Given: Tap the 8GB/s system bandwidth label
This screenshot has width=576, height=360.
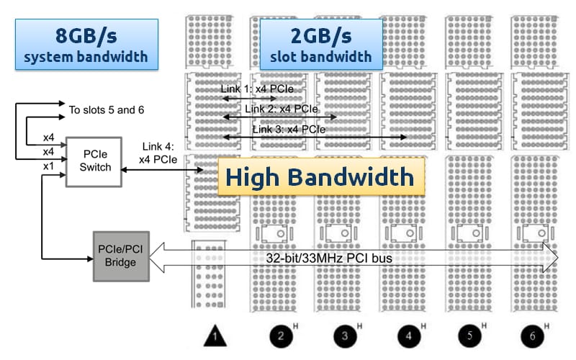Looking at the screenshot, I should (x=86, y=44).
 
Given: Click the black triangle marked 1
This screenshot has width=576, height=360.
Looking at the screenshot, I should (x=215, y=335).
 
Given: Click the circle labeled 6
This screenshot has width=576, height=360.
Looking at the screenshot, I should (x=532, y=335).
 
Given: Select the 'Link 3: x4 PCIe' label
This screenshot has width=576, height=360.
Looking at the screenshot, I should (x=289, y=130).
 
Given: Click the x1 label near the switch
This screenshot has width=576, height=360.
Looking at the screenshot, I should (x=49, y=166).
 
